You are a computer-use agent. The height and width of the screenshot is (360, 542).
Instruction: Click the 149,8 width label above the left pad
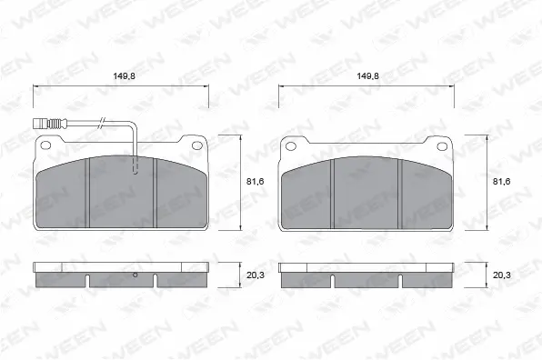[x=124, y=76]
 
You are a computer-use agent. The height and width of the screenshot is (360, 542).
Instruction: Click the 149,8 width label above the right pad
[x=368, y=76]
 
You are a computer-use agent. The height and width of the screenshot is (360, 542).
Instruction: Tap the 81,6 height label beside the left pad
[x=256, y=182]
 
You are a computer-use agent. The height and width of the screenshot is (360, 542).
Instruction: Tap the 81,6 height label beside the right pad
[x=502, y=182]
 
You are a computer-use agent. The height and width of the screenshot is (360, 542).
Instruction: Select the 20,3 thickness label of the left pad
[x=256, y=275]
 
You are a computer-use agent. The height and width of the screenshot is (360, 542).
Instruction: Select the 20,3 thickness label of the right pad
[x=502, y=275]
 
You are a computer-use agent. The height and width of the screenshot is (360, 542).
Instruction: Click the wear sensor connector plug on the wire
[x=40, y=124]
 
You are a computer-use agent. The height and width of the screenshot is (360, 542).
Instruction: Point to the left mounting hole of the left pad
[x=45, y=145]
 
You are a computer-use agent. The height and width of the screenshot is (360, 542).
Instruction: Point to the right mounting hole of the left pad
[x=197, y=145]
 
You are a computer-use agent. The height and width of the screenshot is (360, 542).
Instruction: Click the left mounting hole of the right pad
[x=291, y=146]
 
